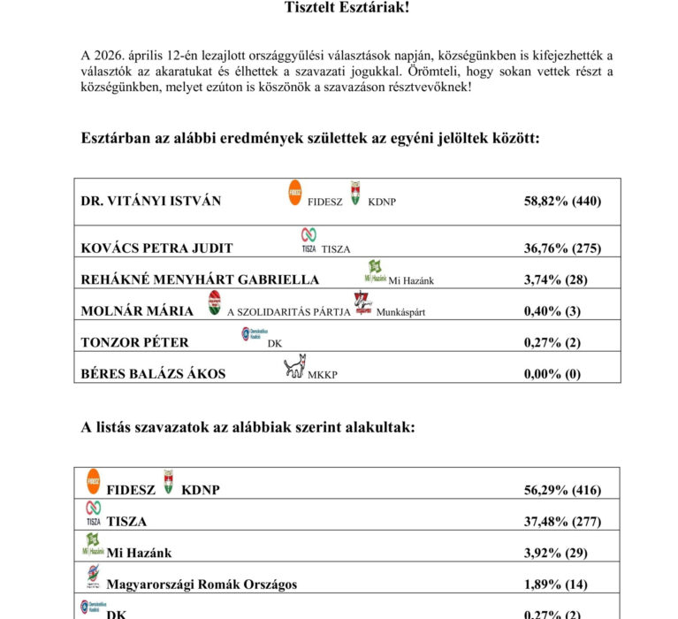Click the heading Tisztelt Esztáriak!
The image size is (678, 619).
pyautogui.click(x=347, y=8)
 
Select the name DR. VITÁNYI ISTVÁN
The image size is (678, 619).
pyautogui.click(x=151, y=201)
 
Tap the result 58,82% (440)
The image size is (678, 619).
pyautogui.click(x=562, y=201)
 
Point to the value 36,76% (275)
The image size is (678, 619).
pyautogui.click(x=562, y=248)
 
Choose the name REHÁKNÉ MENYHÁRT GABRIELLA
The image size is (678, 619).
pyautogui.click(x=200, y=279)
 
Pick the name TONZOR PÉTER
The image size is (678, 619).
pyautogui.click(x=134, y=342)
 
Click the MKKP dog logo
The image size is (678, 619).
pyautogui.click(x=294, y=366)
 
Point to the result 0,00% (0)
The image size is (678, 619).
pyautogui.click(x=552, y=373)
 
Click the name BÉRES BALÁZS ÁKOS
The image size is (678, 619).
pyautogui.click(x=153, y=373)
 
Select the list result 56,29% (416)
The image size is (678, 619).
pyautogui.click(x=562, y=490)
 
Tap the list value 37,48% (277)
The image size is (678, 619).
pyautogui.click(x=562, y=522)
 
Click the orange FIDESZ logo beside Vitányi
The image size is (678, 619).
pyautogui.click(x=296, y=192)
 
